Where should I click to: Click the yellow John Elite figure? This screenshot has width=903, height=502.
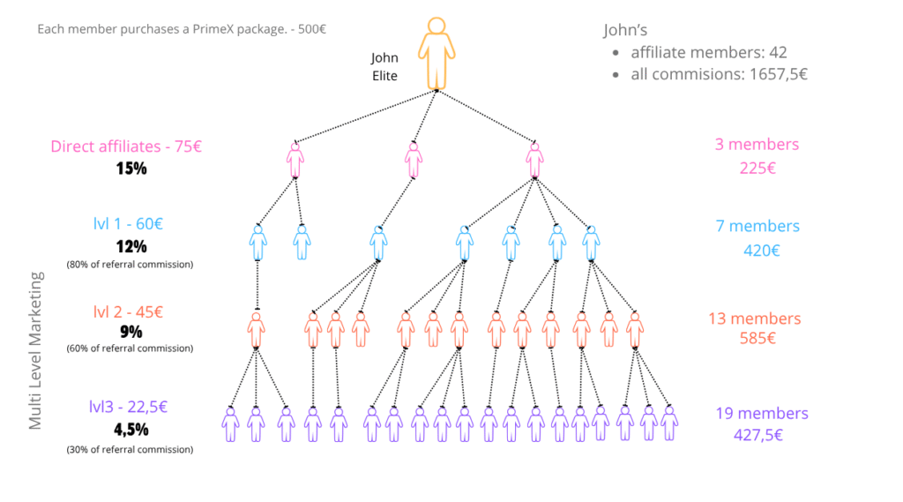(x=437, y=54)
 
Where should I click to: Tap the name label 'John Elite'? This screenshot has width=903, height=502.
(x=384, y=66)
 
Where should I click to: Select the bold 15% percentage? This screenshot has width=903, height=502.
(x=131, y=169)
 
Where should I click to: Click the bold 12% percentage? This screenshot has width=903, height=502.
(x=131, y=247)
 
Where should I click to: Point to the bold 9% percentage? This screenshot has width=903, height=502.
(x=131, y=332)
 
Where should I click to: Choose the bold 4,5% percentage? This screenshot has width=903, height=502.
(x=131, y=430)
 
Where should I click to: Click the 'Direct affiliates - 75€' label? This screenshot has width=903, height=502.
(x=126, y=146)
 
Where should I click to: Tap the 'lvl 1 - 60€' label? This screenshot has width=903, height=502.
(x=128, y=223)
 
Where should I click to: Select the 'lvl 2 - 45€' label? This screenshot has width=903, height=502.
(x=128, y=311)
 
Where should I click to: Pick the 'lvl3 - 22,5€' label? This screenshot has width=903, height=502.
(x=128, y=407)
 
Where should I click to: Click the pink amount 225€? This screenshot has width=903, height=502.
(x=757, y=169)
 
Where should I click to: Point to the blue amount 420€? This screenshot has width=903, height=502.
(x=761, y=251)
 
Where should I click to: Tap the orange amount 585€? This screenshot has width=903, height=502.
(x=757, y=338)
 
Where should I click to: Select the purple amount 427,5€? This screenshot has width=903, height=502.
(x=758, y=435)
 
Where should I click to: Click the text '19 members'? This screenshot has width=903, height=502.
(x=762, y=413)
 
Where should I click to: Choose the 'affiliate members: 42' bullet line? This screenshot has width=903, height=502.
(x=709, y=52)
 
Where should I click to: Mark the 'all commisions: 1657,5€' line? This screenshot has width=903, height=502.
(x=720, y=74)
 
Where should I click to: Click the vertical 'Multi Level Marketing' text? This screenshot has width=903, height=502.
(x=35, y=350)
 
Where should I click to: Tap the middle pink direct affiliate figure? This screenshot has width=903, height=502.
(x=414, y=160)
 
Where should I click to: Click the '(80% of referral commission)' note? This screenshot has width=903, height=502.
(x=131, y=265)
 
